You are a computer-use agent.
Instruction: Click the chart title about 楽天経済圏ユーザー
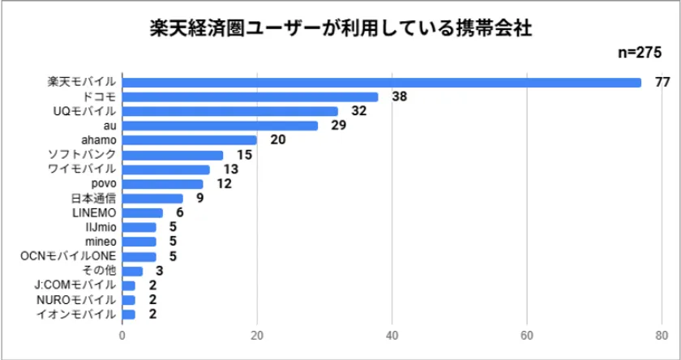pyautogui.click(x=340, y=29)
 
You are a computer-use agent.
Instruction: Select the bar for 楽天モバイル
pyautogui.click(x=381, y=82)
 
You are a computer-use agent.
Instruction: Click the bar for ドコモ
pyautogui.click(x=250, y=96)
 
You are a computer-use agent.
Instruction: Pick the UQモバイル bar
pyautogui.click(x=229, y=111)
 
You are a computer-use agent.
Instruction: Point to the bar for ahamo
pyautogui.click(x=189, y=140)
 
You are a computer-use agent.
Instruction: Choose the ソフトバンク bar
pyautogui.click(x=172, y=155)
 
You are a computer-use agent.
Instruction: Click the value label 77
pyautogui.click(x=661, y=82)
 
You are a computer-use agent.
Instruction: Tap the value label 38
pyautogui.click(x=399, y=96)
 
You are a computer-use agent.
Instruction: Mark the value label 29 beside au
pyautogui.click(x=338, y=126)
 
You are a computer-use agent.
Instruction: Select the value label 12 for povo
pyautogui.click(x=224, y=184)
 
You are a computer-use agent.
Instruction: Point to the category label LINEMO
pyautogui.click(x=95, y=212)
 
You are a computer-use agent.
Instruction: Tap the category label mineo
pyautogui.click(x=101, y=242)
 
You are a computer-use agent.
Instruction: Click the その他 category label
pyautogui.click(x=101, y=271)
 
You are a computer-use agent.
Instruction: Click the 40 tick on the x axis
pyautogui.click(x=392, y=336)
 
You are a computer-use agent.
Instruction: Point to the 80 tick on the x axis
pyautogui.click(x=662, y=336)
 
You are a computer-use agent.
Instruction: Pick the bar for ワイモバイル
pyautogui.click(x=165, y=169)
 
